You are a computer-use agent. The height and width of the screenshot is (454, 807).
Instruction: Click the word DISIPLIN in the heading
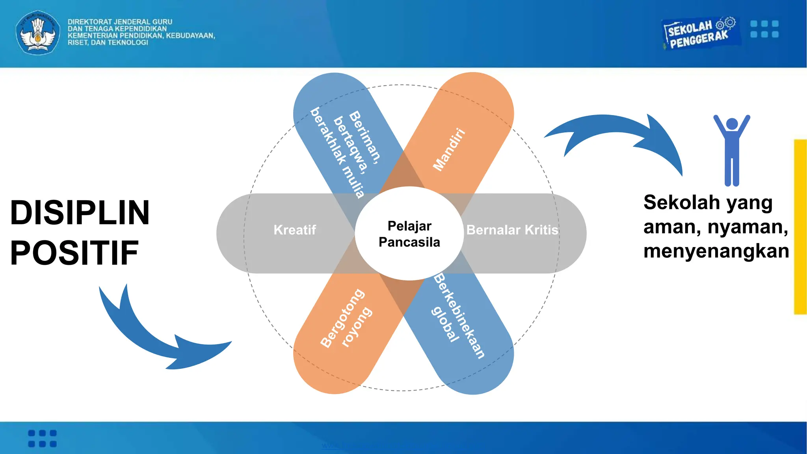coord(80,213)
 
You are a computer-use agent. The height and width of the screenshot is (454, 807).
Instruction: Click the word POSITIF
coord(74,253)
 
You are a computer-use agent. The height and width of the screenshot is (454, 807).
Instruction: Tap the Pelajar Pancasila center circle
coord(409,234)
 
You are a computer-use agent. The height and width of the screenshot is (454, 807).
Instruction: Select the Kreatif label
coord(295,230)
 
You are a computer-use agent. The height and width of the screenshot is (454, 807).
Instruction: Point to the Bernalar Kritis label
coord(512,230)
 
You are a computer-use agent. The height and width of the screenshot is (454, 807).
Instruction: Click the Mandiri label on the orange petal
coord(449,150)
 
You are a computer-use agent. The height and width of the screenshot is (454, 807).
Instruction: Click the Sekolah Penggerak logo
coord(699,33)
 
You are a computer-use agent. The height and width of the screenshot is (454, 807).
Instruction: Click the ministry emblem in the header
coord(38,32)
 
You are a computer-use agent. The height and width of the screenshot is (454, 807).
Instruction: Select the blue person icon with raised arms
coord(732,150)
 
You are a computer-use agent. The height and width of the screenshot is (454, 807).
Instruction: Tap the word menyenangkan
coord(716,251)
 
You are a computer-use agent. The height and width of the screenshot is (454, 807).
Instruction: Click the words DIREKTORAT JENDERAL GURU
coord(120,22)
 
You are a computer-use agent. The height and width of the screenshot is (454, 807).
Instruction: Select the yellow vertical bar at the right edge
coord(800,227)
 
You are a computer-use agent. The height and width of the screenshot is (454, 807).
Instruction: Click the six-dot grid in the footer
coord(43,438)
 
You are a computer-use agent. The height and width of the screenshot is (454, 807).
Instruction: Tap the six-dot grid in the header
coord(764,29)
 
